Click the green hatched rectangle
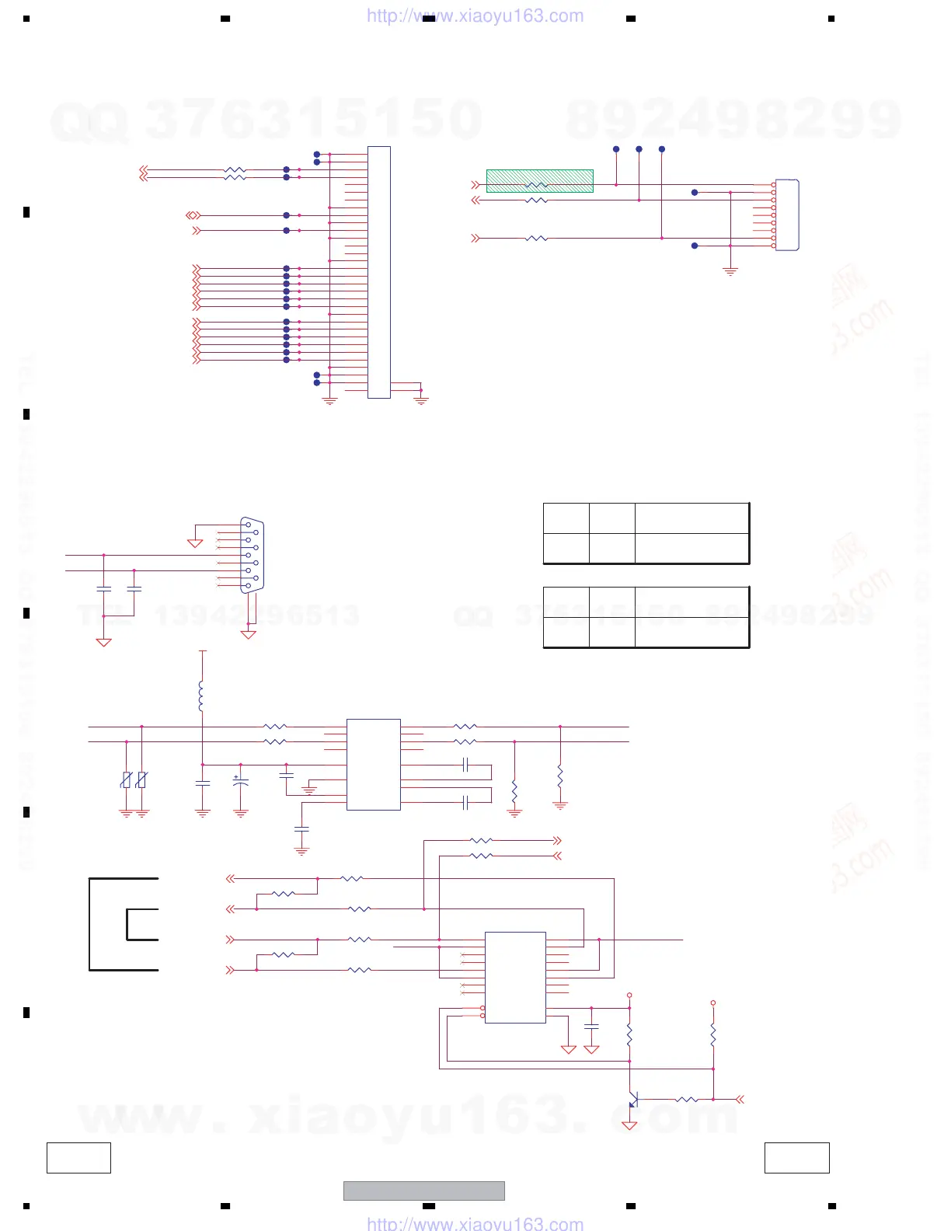539,180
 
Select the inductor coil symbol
201,696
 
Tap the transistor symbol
632,1100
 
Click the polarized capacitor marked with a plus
240,782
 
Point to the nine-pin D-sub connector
251,555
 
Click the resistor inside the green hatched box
536,185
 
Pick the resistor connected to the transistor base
687,1100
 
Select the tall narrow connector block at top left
378,272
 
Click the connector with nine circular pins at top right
786,215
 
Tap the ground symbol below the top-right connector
730,271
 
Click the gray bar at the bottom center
423,1191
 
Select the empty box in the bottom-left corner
78,1157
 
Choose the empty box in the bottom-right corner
796,1157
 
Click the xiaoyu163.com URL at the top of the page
475,16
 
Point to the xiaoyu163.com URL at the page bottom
475,1224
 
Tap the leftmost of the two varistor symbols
126,779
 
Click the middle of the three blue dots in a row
639,149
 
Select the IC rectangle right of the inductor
373,765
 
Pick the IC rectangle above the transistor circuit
515,977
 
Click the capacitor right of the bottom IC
591,1027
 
